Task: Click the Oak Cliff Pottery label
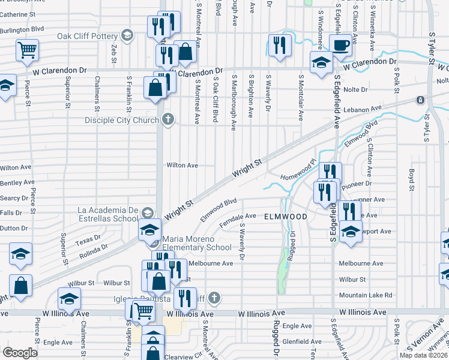[x=89, y=36]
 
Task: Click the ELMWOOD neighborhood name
[x=286, y=217]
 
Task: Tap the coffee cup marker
[x=340, y=45]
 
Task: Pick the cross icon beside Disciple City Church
[x=168, y=119]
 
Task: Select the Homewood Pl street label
[x=297, y=177]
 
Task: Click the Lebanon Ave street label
[x=368, y=109]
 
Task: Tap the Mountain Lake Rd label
[x=365, y=295]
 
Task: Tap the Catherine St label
[x=19, y=13]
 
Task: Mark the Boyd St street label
[x=412, y=179]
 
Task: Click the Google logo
[x=20, y=352]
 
